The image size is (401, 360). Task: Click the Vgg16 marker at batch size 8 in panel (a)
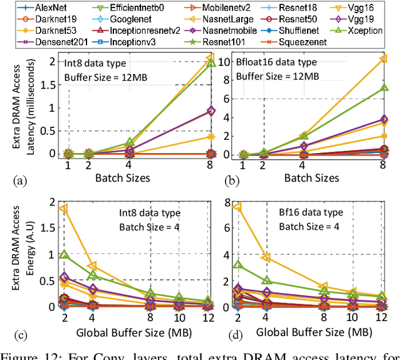click(212, 59)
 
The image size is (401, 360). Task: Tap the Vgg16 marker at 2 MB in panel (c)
click(63, 208)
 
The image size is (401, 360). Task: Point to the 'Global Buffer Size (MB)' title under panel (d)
click(311, 332)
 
